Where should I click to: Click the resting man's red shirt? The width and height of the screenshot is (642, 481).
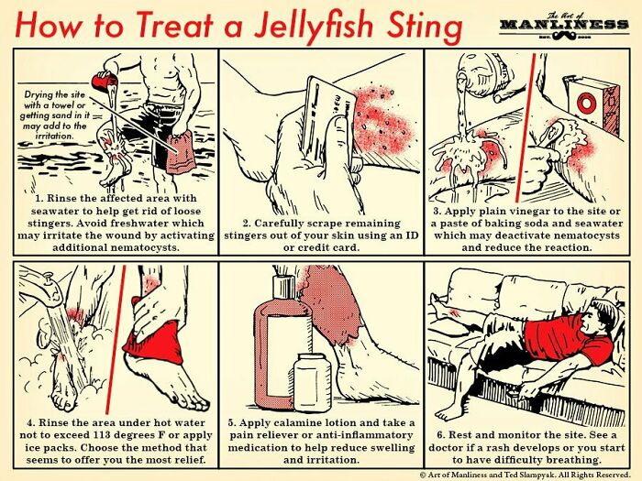(x=564, y=337)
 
